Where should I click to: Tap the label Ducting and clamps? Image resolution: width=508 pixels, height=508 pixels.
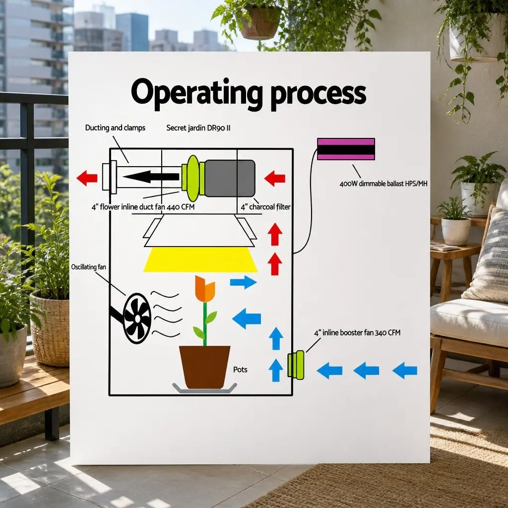pyautogui.click(x=115, y=127)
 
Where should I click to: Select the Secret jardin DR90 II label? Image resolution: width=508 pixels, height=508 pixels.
pyautogui.click(x=198, y=127)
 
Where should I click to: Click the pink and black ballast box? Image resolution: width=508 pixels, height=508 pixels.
pyautogui.click(x=346, y=149)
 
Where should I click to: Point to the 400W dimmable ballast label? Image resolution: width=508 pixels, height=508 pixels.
pyautogui.click(x=383, y=184)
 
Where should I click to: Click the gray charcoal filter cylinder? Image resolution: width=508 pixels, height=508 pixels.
pyautogui.click(x=230, y=178)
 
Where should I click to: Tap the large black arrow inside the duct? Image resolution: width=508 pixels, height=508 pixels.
pyautogui.click(x=151, y=177)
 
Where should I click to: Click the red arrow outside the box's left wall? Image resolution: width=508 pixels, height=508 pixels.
pyautogui.click(x=87, y=178)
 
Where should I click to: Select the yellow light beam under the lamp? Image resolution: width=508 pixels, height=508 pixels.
pyautogui.click(x=200, y=259)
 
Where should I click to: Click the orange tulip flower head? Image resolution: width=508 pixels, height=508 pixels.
pyautogui.click(x=205, y=289)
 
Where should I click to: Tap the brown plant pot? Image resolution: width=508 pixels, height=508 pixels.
pyautogui.click(x=205, y=367)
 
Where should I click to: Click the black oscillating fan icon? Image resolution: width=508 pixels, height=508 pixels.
pyautogui.click(x=137, y=318)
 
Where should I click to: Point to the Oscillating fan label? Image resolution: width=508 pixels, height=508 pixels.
pyautogui.click(x=88, y=267)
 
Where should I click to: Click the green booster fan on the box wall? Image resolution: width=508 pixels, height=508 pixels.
pyautogui.click(x=296, y=365)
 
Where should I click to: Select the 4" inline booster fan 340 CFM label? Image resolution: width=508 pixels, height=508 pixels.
pyautogui.click(x=357, y=333)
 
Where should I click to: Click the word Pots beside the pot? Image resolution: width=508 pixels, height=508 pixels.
pyautogui.click(x=240, y=370)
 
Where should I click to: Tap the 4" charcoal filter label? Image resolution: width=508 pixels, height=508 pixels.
pyautogui.click(x=265, y=207)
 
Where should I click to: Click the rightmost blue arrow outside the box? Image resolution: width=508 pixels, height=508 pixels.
pyautogui.click(x=405, y=371)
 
